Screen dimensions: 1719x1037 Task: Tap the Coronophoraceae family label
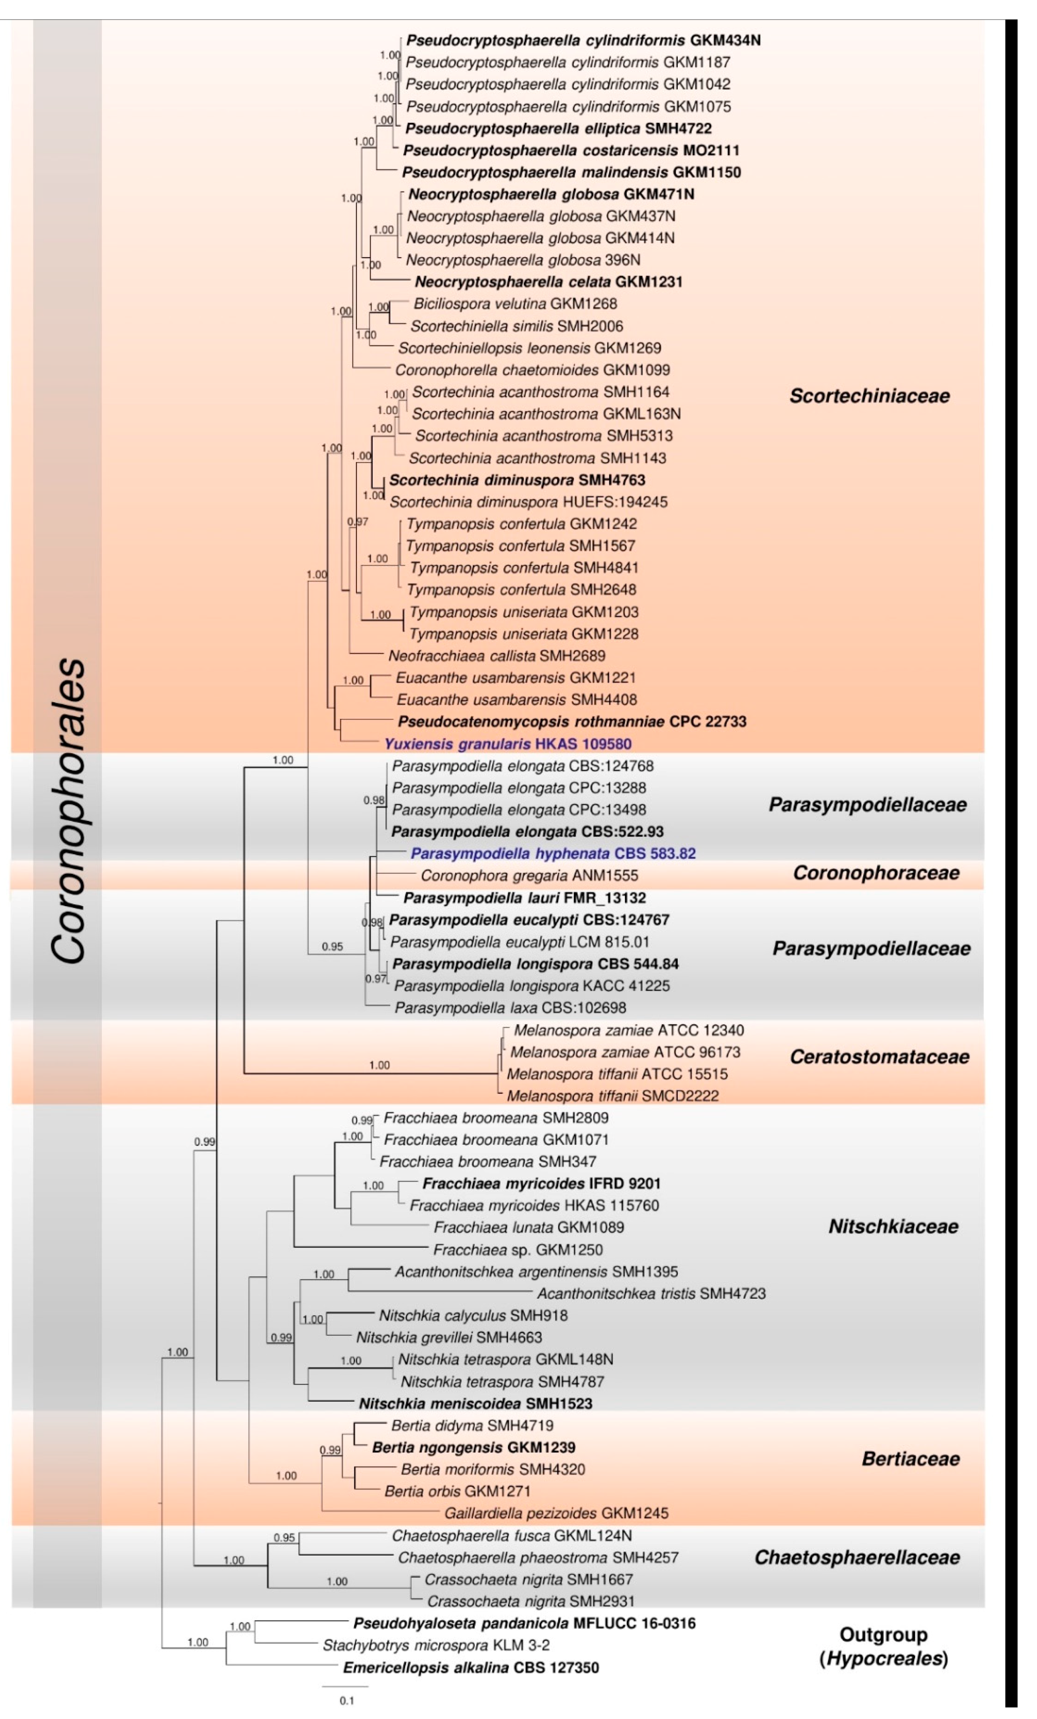coord(876,873)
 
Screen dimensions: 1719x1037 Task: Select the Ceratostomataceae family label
coord(879,1057)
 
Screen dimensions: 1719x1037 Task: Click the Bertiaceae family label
coord(910,1459)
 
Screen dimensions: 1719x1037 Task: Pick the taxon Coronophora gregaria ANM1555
coord(529,875)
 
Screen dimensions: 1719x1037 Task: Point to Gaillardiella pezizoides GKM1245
coord(556,1513)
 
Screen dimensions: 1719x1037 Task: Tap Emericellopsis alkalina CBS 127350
coord(471,1667)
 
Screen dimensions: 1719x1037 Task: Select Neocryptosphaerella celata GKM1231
coord(548,282)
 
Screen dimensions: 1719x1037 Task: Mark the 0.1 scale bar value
coord(347,1701)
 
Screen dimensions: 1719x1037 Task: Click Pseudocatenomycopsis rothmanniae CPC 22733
coord(572,721)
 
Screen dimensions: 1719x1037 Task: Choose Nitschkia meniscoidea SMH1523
coord(476,1403)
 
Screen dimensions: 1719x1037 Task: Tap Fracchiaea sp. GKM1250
coord(518,1249)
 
